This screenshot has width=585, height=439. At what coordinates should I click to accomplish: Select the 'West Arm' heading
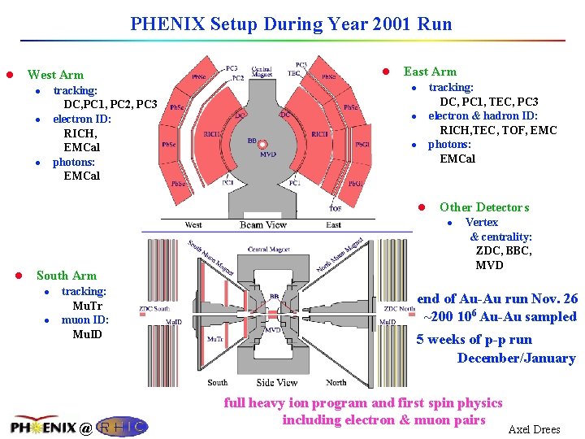pyautogui.click(x=55, y=75)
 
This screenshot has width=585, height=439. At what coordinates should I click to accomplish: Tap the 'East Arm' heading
pyautogui.click(x=430, y=72)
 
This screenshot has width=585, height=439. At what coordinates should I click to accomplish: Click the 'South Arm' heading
pyautogui.click(x=66, y=276)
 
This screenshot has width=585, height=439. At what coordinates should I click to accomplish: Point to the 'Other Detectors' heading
pyautogui.click(x=483, y=207)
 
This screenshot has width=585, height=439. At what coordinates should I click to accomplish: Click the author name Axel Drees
pyautogui.click(x=534, y=429)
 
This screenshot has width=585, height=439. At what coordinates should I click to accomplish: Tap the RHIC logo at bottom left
pyautogui.click(x=122, y=426)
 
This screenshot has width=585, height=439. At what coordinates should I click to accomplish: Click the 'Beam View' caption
pyautogui.click(x=262, y=225)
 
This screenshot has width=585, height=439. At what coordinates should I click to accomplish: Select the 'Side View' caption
pyautogui.click(x=276, y=382)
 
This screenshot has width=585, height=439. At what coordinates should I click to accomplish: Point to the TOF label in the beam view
pyautogui.click(x=335, y=208)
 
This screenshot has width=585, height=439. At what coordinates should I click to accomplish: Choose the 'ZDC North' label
pyautogui.click(x=400, y=309)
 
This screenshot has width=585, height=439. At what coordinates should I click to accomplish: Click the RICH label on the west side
pyautogui.click(x=211, y=134)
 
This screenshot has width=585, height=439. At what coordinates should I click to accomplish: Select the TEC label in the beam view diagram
pyautogui.click(x=294, y=73)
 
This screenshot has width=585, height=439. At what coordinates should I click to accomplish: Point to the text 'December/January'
pyautogui.click(x=516, y=358)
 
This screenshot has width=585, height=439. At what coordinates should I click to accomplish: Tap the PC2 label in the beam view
pyautogui.click(x=237, y=78)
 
